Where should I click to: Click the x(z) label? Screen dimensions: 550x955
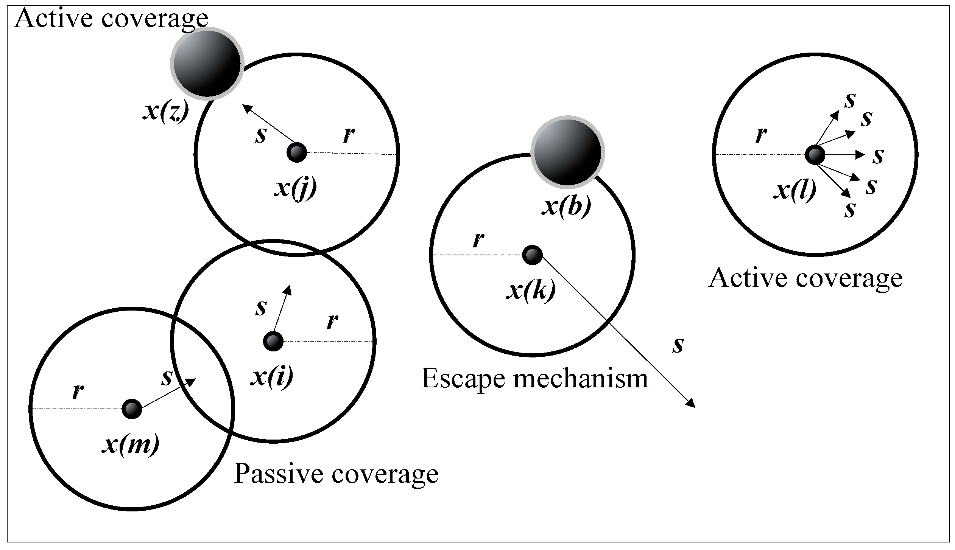tap(165, 112)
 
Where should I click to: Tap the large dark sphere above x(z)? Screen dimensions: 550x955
tap(207, 64)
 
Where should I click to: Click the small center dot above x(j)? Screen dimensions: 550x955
tap(297, 152)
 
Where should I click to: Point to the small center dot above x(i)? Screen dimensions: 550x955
tap(273, 341)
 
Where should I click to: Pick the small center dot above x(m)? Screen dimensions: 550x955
tap(132, 409)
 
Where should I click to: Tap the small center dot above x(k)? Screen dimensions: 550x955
tap(532, 255)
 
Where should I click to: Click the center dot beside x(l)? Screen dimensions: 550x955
tap(815, 155)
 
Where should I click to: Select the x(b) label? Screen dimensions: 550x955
tap(566, 207)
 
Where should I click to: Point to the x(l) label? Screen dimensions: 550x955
tap(794, 190)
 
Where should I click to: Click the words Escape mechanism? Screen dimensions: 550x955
tap(534, 378)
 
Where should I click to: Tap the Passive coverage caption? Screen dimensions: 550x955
tap(336, 474)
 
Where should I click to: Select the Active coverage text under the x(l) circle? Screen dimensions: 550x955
tap(805, 278)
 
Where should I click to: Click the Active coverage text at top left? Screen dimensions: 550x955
tap(111, 18)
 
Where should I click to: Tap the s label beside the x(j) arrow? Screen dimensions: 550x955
tap(260, 135)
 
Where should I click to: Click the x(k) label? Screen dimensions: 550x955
tap(530, 291)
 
